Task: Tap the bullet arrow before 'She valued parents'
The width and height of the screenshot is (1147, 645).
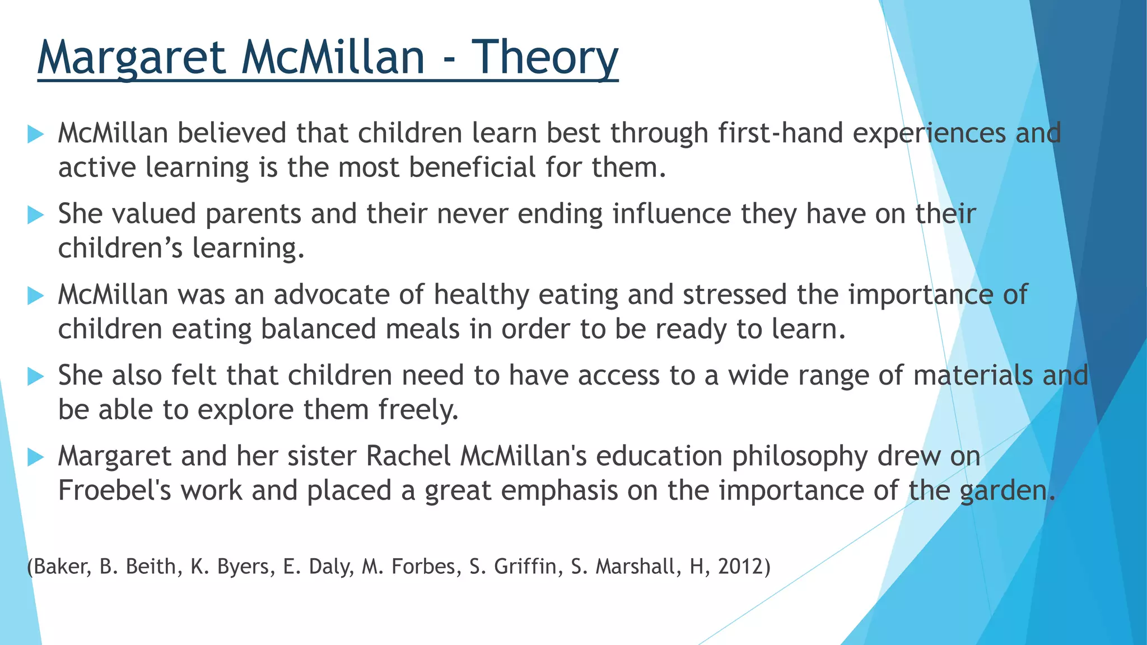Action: point(35,214)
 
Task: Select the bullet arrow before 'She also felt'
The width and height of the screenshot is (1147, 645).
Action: point(35,376)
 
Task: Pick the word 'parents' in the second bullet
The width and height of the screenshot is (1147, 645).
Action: point(253,214)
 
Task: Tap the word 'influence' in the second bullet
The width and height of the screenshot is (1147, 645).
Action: point(672,214)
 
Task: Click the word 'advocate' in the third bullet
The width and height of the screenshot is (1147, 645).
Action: point(331,295)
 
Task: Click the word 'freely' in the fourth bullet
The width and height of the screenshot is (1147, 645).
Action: point(417,410)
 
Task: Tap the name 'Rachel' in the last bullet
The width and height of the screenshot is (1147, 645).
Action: point(408,456)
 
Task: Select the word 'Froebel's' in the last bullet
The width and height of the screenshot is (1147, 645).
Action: point(115,490)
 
